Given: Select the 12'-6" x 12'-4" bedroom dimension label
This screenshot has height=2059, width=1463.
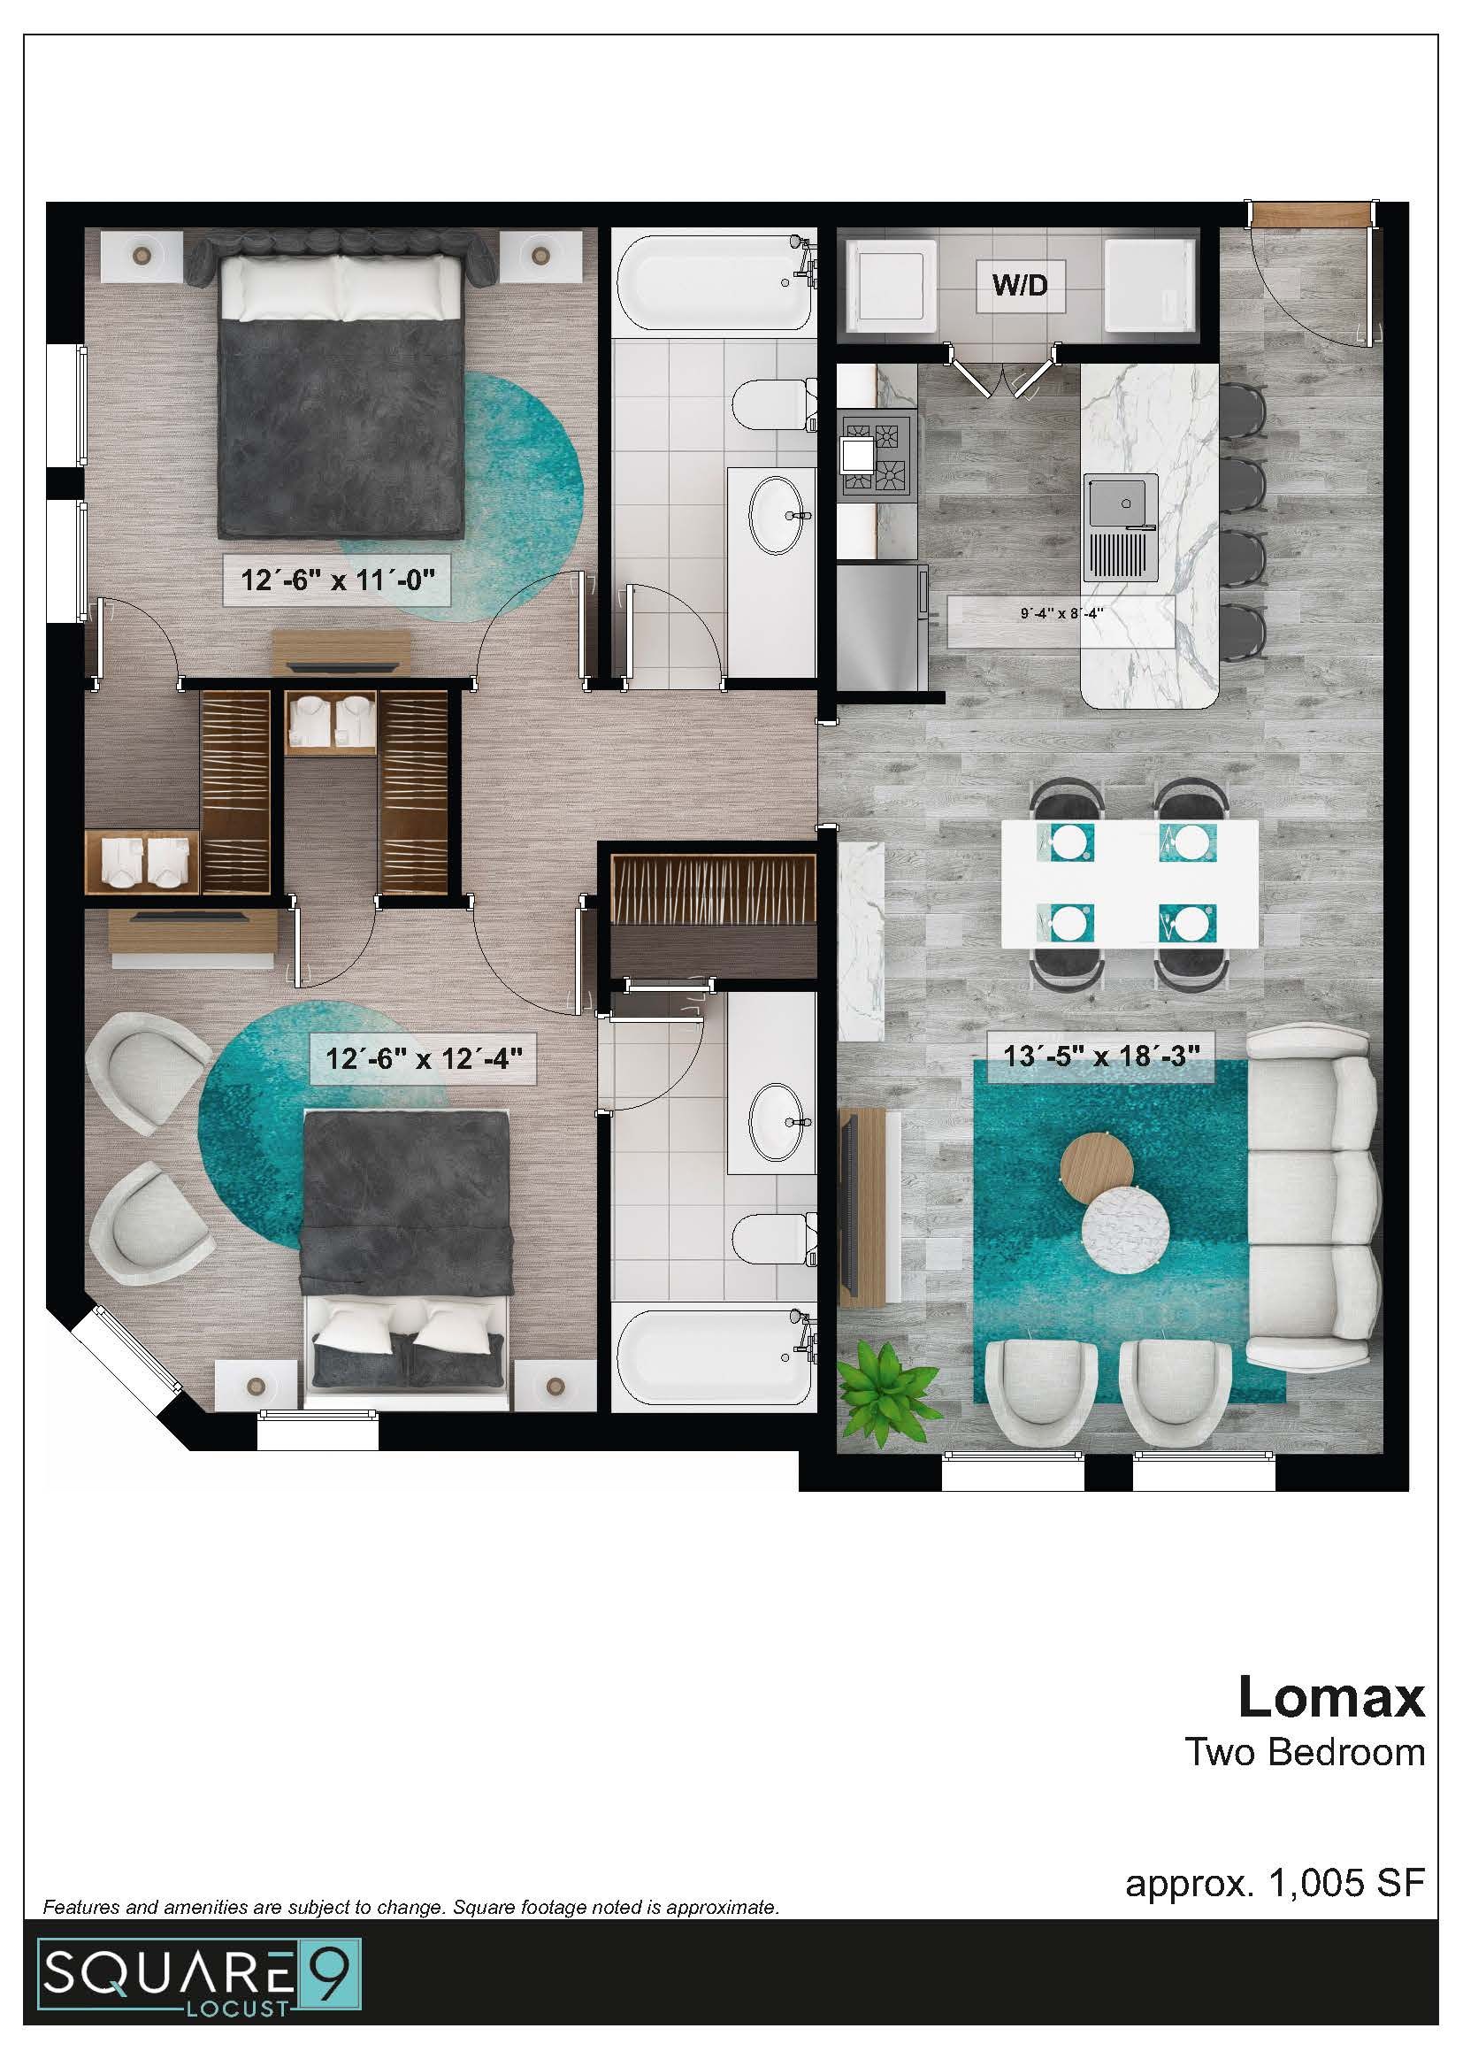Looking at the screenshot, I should (x=424, y=1057).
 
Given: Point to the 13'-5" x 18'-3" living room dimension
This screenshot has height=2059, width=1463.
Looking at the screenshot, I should (x=1101, y=1056).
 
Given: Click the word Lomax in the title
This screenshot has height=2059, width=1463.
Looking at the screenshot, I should (x=1330, y=1697).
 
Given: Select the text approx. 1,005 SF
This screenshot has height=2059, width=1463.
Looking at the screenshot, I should (x=1274, y=1881).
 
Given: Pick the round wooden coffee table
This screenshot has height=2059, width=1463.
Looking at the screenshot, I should (x=1097, y=1168).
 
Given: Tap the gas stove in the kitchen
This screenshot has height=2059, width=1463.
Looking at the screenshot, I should (x=877, y=455).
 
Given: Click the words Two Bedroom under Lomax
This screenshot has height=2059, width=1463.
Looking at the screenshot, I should (x=1305, y=1752).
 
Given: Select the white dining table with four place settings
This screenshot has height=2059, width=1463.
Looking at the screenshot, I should (x=1130, y=882).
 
